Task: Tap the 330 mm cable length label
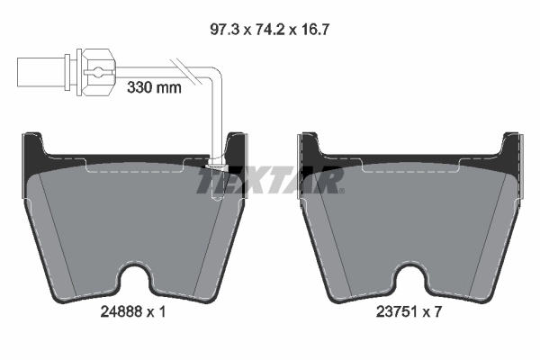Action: [x=154, y=88]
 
